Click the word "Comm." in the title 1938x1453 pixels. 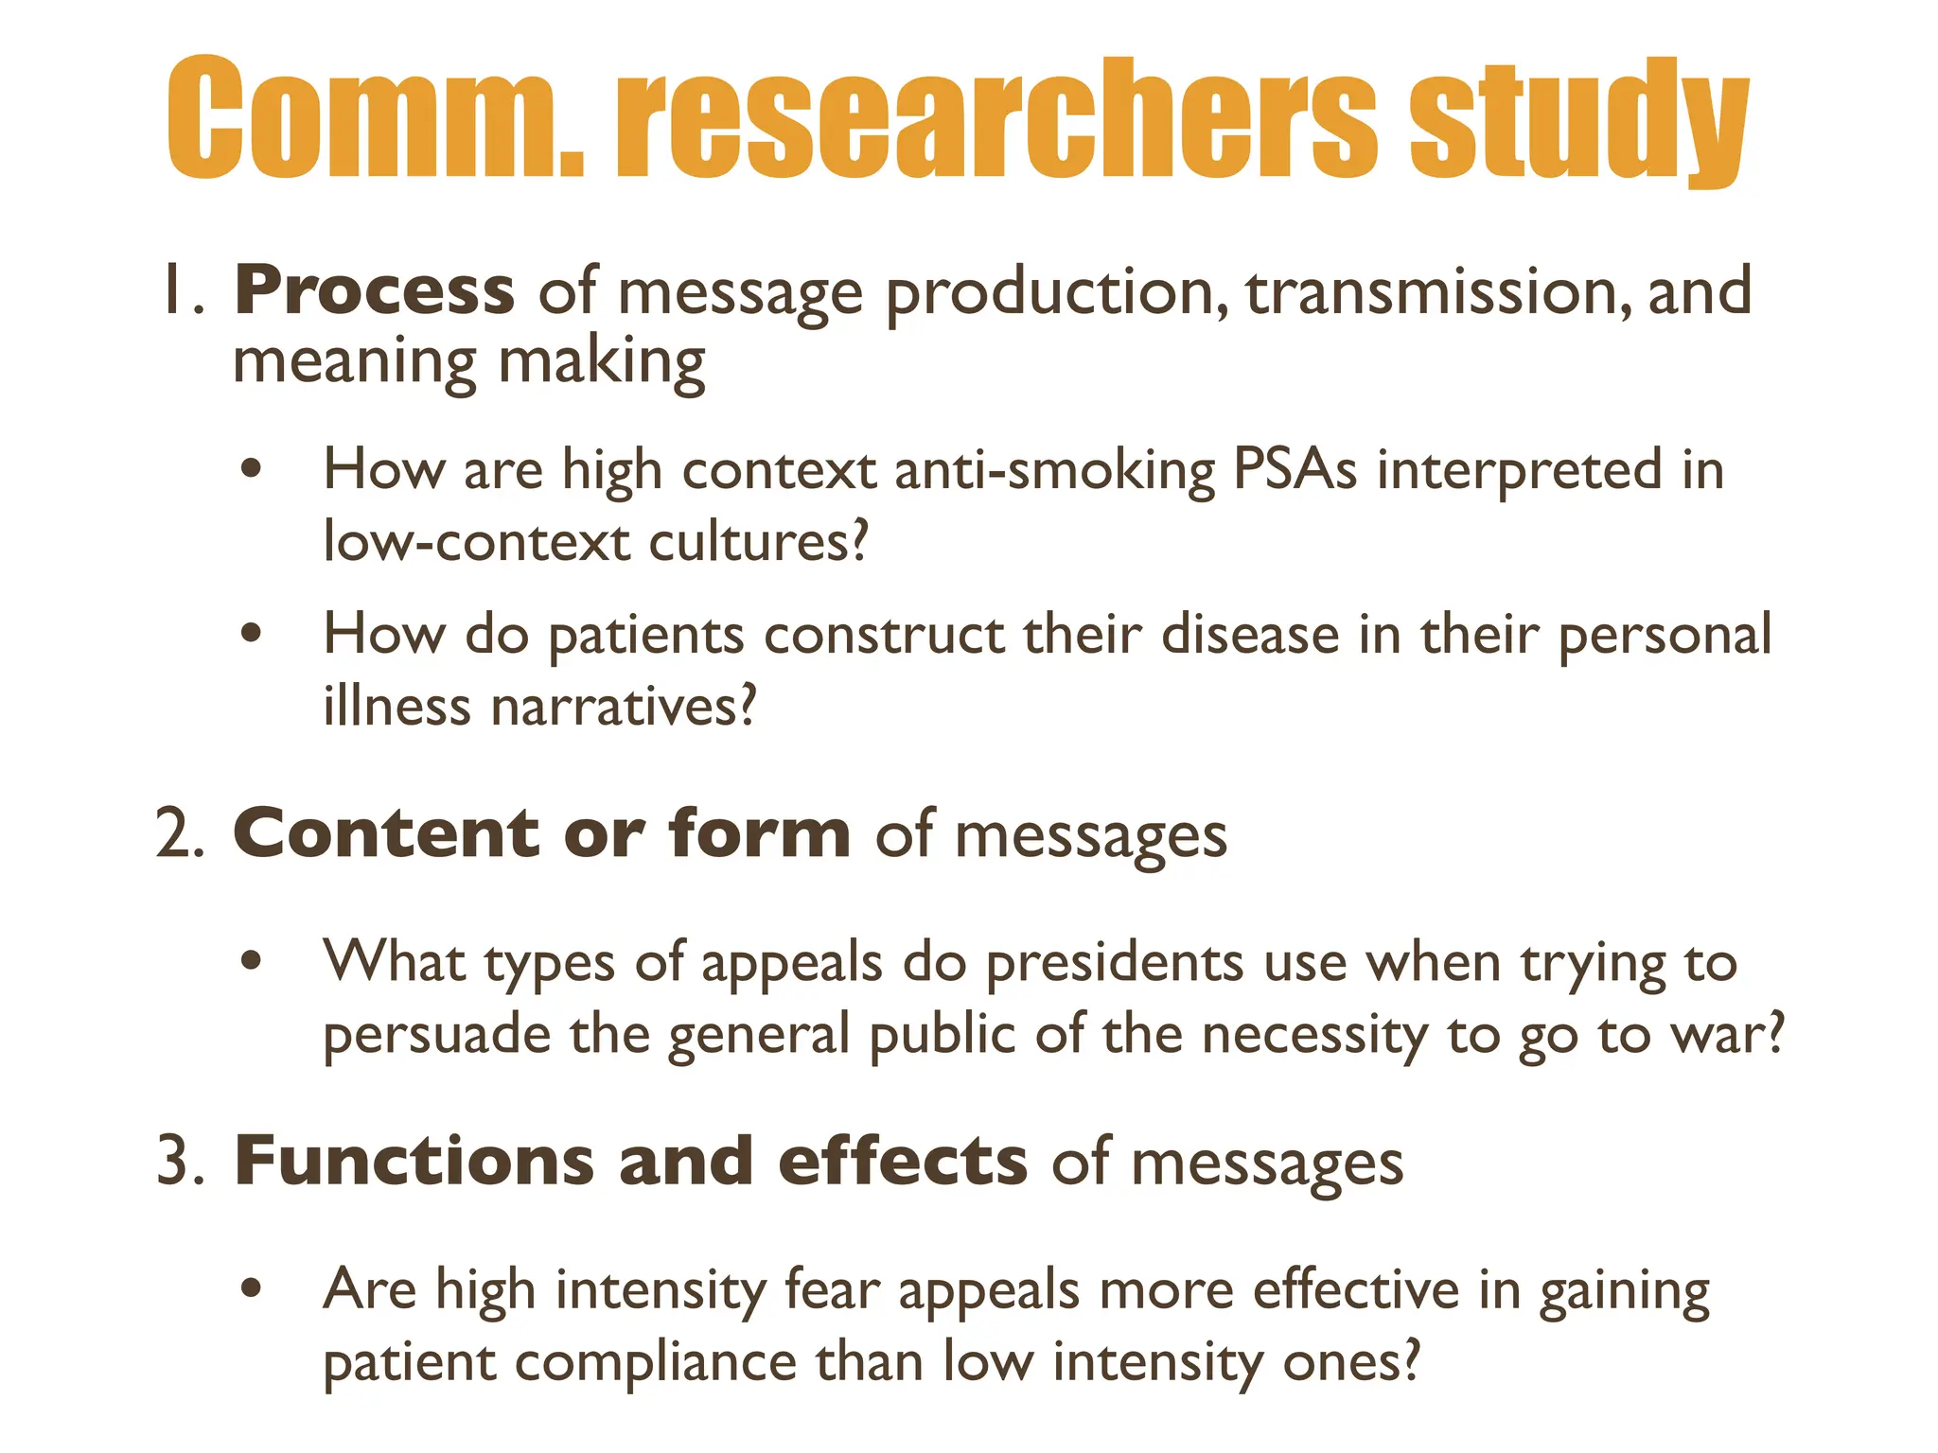[x=375, y=118]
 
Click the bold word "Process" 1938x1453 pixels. [x=374, y=290]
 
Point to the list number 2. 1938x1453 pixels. [x=180, y=834]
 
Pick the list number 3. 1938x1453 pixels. [x=180, y=1162]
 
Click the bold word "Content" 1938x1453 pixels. [x=386, y=834]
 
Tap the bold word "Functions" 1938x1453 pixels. [x=414, y=1162]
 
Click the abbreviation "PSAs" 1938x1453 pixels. [x=1295, y=470]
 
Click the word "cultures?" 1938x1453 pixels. [x=758, y=542]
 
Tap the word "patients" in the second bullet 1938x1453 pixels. [x=646, y=636]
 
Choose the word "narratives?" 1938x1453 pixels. [x=625, y=707]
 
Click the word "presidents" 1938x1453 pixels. [x=1114, y=964]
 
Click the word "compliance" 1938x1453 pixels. [x=655, y=1363]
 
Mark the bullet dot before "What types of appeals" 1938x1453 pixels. [x=251, y=961]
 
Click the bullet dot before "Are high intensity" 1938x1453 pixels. [x=251, y=1288]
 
